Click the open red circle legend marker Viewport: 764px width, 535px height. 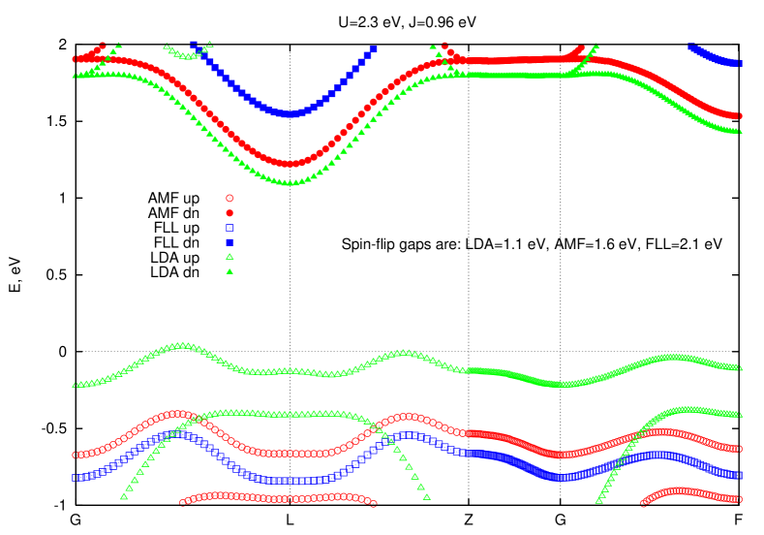point(229,198)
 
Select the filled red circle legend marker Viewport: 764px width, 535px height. point(229,212)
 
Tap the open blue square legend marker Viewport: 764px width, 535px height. point(229,228)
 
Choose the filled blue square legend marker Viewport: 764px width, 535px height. point(229,242)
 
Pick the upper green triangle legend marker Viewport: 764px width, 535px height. point(229,257)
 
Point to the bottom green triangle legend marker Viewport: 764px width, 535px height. point(229,271)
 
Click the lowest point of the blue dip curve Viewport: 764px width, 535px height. point(288,113)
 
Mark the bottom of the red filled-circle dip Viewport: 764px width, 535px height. point(289,164)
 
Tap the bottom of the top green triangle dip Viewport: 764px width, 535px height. point(289,181)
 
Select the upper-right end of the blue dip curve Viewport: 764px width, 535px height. point(373,48)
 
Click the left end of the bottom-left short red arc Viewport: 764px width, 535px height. point(183,503)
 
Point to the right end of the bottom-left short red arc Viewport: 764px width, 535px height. point(374,503)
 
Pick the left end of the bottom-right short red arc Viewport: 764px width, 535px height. point(644,503)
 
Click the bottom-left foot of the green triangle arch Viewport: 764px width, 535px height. point(124,496)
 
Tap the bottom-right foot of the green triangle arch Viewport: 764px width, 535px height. point(427,496)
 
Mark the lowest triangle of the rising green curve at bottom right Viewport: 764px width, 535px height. point(598,501)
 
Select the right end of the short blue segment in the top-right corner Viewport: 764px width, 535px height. point(740,64)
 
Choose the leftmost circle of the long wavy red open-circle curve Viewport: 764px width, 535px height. point(76,455)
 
